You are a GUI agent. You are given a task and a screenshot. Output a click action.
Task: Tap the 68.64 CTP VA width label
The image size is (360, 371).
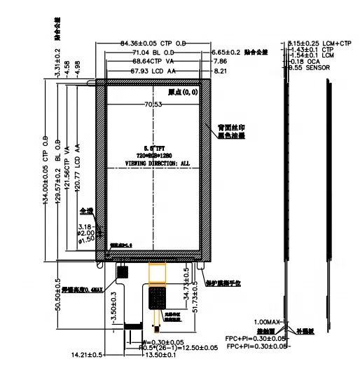coord(155,62)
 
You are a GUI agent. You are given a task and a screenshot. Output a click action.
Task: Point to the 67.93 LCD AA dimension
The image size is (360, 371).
coord(154,71)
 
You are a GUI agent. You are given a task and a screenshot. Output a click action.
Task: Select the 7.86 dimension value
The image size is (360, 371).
coord(220,62)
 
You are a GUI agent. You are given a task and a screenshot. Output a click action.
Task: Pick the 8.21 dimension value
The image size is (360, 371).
coord(220,71)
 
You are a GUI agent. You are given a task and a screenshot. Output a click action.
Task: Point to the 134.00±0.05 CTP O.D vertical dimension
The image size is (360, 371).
coord(47,169)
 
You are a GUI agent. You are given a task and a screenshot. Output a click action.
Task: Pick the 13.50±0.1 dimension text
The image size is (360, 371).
coord(158,355)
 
